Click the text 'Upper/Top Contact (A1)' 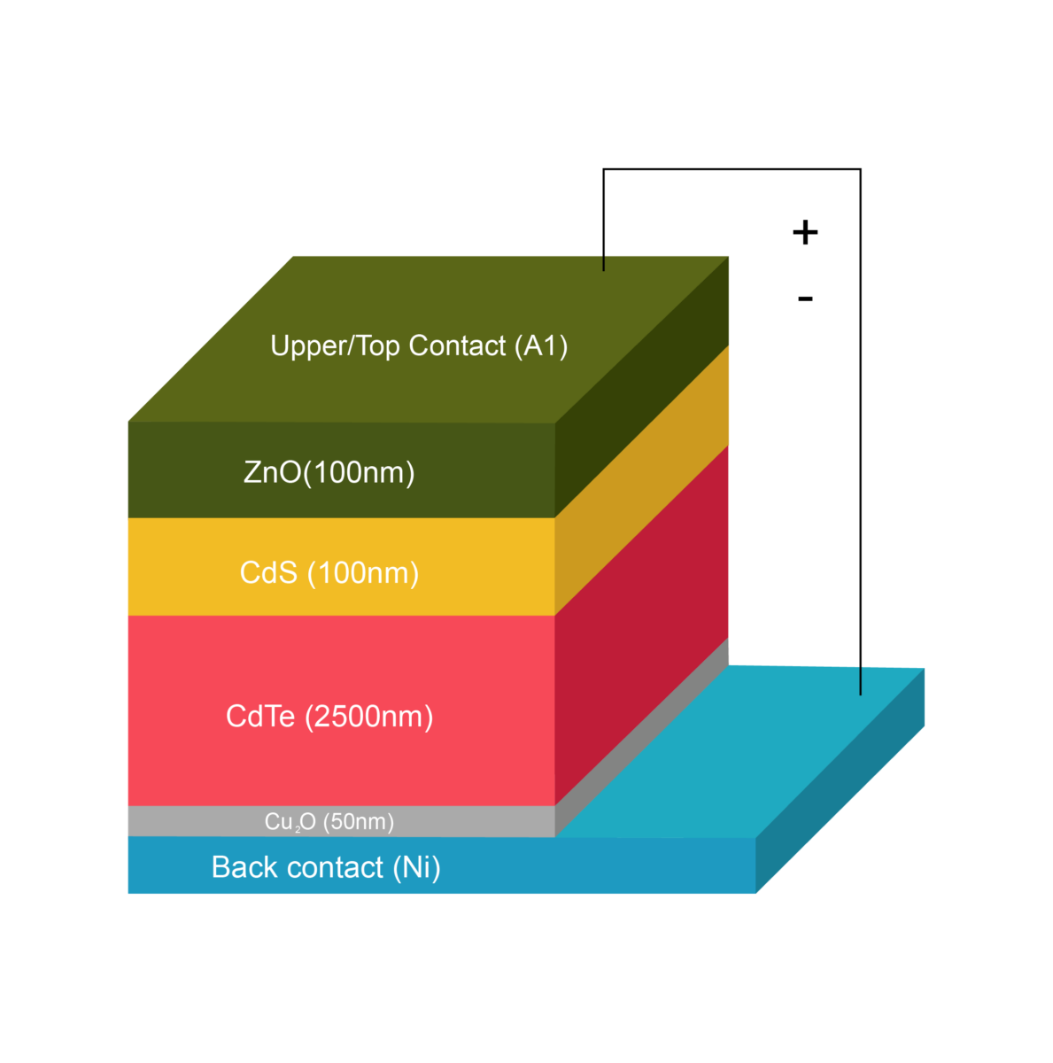(x=419, y=345)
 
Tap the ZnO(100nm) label (x=329, y=472)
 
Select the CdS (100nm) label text (x=329, y=573)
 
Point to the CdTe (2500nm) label (x=329, y=717)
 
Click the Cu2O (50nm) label (x=329, y=822)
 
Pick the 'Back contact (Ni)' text (x=326, y=867)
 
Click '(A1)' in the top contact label (x=541, y=345)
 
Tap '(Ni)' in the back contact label (x=416, y=867)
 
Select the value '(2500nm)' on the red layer (x=369, y=717)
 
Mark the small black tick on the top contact (x=604, y=263)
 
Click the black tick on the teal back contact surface (x=861, y=681)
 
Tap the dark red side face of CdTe (x=642, y=620)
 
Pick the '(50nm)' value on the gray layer (x=359, y=822)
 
